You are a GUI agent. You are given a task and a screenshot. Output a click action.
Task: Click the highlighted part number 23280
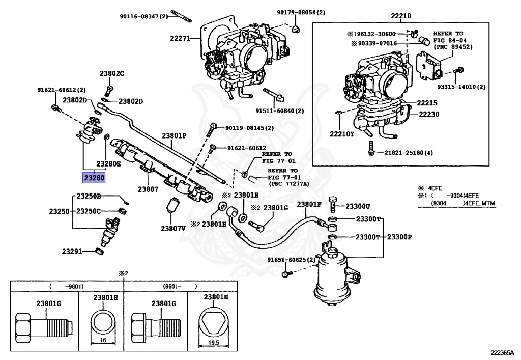[94, 178]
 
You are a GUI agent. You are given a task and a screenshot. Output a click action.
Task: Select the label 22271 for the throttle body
[180, 38]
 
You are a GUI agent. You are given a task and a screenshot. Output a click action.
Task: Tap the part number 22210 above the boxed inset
[401, 16]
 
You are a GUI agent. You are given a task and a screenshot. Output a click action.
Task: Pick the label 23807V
[173, 228]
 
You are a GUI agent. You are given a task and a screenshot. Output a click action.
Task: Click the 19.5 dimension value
[214, 343]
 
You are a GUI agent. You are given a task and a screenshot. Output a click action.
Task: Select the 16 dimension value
[103, 340]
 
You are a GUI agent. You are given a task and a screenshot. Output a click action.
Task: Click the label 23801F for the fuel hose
[309, 204]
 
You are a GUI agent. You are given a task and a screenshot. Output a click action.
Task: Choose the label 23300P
[399, 237]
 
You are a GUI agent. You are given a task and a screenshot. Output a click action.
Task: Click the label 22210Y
[342, 134]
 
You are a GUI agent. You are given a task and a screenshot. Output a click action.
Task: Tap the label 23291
[72, 252]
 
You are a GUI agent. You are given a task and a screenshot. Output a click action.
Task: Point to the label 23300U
[358, 206]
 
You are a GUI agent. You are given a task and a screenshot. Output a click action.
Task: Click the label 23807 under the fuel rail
[148, 189]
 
